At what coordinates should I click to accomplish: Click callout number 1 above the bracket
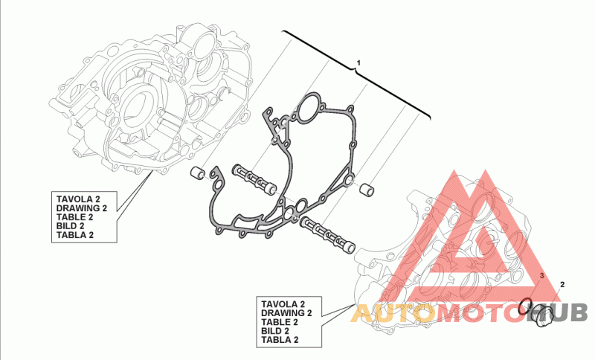[358, 61]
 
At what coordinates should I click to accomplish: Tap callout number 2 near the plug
[562, 284]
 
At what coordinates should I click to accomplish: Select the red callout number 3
[542, 276]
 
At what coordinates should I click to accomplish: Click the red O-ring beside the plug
[526, 303]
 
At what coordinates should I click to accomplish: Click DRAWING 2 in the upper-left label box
[82, 208]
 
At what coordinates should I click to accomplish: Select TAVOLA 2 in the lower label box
[283, 304]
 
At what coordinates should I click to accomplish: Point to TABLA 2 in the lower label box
[280, 340]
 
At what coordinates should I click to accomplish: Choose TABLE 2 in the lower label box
[280, 322]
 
